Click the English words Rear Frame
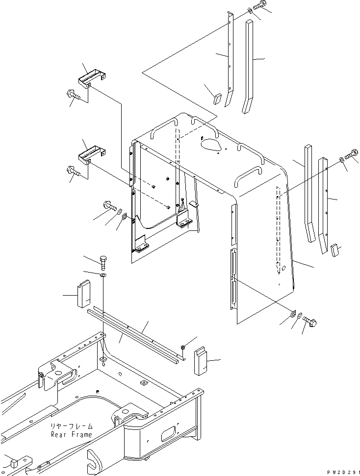pos(72,434)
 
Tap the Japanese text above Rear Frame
pos(72,427)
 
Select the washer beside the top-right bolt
pos(250,11)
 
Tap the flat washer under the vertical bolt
pos(103,275)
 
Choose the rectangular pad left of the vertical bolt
pos(84,294)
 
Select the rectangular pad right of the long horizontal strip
pos(200,360)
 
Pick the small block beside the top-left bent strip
pos(217,99)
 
